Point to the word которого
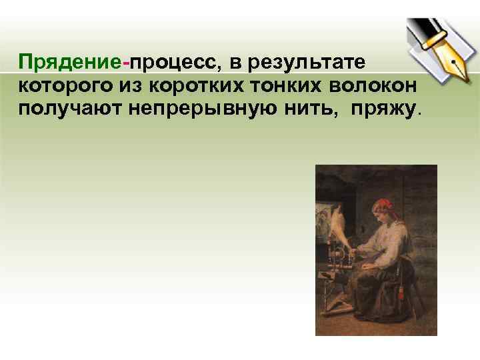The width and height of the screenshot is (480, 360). pyautogui.click(x=63, y=85)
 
